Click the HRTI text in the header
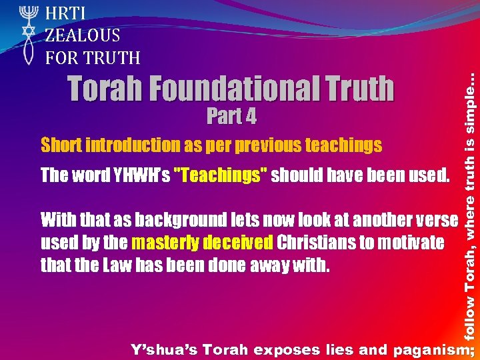pos(63,12)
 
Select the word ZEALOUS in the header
pos(82,35)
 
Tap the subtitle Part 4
pos(231,117)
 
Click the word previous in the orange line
pos(273,145)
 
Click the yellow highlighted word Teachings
pos(220,175)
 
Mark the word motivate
pos(411,243)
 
